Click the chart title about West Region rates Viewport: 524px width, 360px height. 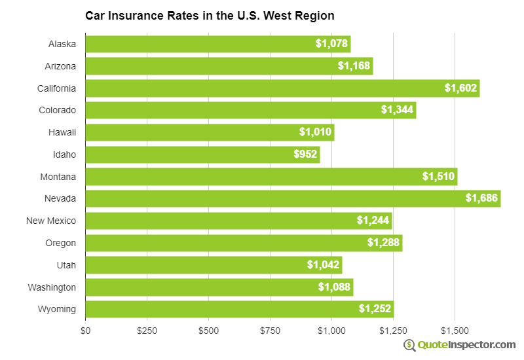click(x=210, y=15)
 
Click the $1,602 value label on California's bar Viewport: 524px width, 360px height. click(x=460, y=88)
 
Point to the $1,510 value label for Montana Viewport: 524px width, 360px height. click(x=438, y=176)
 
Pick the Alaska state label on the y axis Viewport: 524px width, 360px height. click(x=62, y=44)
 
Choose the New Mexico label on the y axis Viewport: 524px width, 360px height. click(x=51, y=221)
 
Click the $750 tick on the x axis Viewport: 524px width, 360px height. click(x=271, y=331)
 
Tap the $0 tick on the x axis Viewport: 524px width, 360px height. click(x=85, y=331)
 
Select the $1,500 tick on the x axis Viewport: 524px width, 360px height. click(x=455, y=331)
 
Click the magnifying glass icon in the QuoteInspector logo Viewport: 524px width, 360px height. click(x=409, y=345)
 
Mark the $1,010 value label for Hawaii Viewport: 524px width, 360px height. click(x=315, y=132)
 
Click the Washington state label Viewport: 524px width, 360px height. click(x=52, y=287)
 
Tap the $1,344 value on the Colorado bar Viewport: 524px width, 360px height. click(x=398, y=110)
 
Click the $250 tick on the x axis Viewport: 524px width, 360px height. click(x=147, y=331)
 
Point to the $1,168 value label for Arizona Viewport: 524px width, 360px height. click(x=354, y=65)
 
